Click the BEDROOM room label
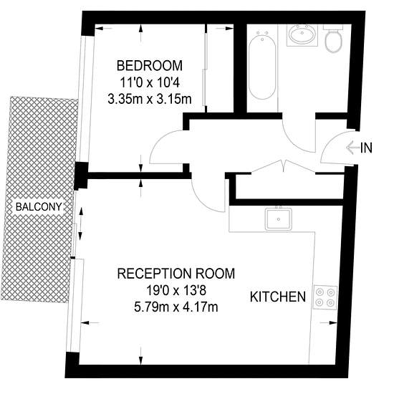point(150,66)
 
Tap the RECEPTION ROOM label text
point(176,274)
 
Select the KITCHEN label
point(278,297)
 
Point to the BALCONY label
point(39,207)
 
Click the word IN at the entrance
point(366,148)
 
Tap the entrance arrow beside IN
point(352,148)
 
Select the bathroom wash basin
point(302,35)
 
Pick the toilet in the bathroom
point(333,39)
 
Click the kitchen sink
point(279,218)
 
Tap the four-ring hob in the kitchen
point(325,297)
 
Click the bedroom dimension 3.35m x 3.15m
point(150,99)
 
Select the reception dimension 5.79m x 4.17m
point(176,307)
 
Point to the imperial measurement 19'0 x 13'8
point(176,291)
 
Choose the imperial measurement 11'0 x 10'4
point(150,82)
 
